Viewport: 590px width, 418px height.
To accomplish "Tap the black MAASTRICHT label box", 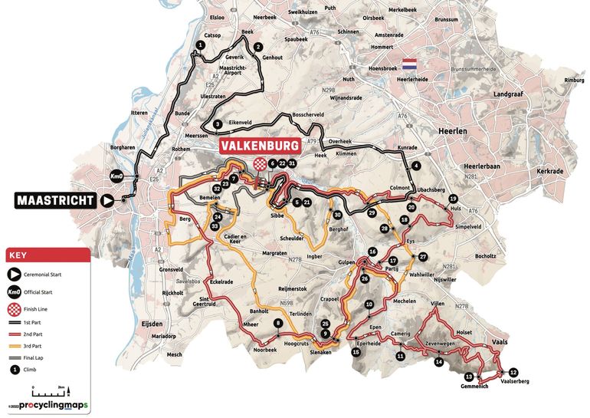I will click(x=56, y=200).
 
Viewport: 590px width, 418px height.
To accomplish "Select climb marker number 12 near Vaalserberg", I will click(x=513, y=372).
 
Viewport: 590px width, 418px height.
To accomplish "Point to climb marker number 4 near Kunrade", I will click(x=416, y=165).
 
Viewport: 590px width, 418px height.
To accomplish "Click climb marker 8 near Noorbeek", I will click(x=277, y=324).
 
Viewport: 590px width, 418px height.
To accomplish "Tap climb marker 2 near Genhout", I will click(x=258, y=46).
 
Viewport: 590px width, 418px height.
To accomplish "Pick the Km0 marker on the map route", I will click(x=118, y=175).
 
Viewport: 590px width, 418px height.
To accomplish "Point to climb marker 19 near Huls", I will click(x=453, y=199).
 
